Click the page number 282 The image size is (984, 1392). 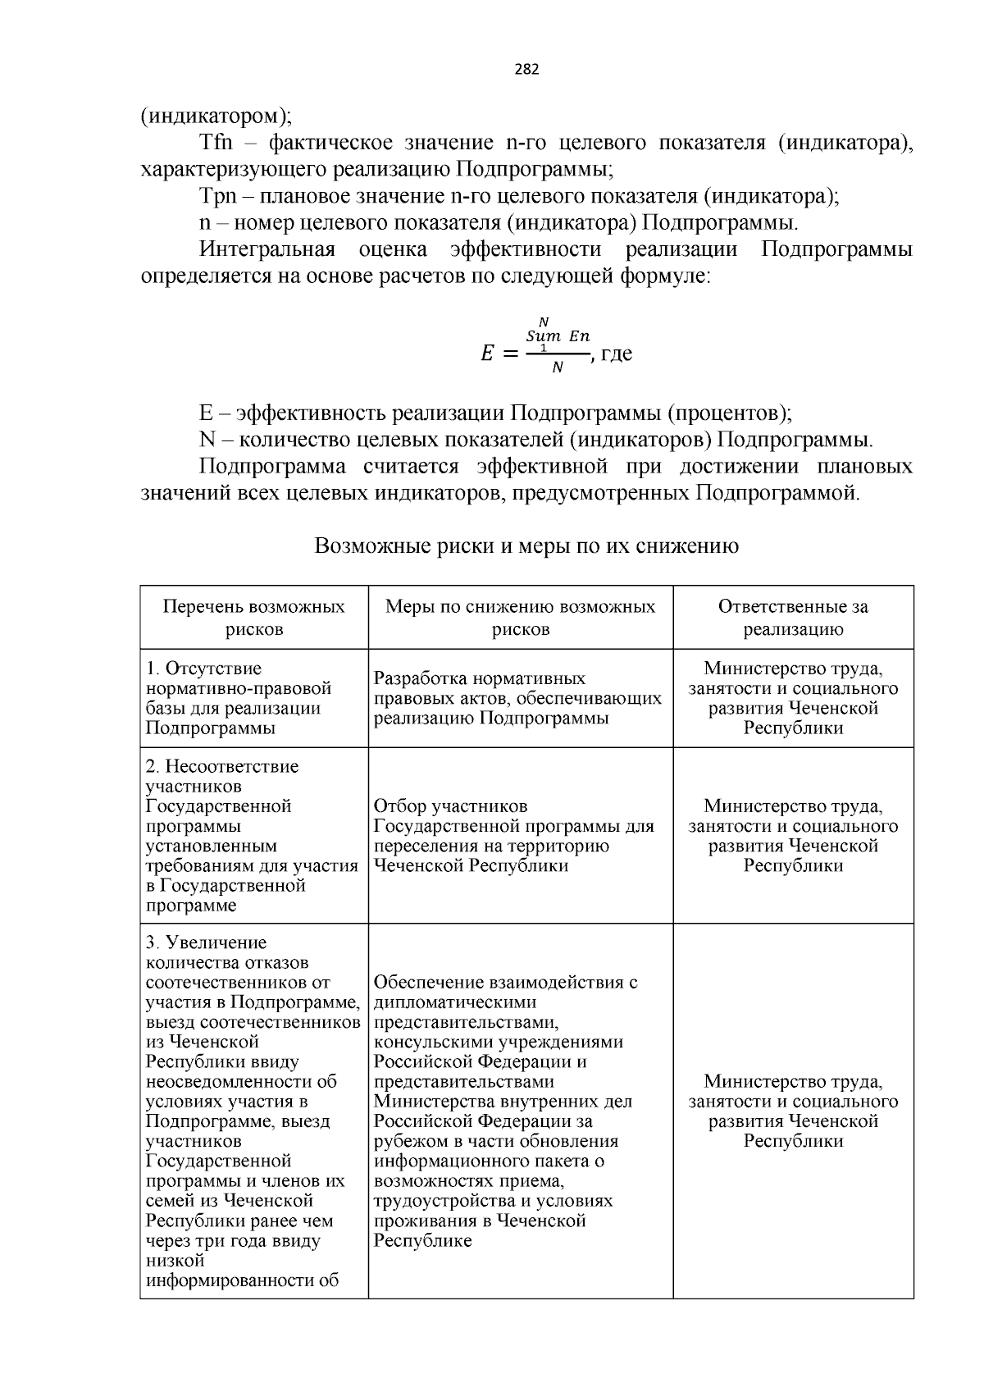[526, 70]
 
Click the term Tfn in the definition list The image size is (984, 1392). [216, 143]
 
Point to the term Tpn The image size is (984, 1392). [217, 196]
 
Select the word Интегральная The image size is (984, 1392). [267, 249]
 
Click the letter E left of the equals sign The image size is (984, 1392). [487, 354]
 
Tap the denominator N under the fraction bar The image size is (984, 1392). [558, 368]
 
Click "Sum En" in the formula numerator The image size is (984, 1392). [558, 336]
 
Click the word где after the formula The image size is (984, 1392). [616, 354]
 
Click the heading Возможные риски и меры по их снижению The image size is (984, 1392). [526, 545]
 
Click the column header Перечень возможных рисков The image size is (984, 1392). [254, 618]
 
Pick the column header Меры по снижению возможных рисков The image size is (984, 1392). [521, 618]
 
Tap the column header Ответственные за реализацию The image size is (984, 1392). [793, 618]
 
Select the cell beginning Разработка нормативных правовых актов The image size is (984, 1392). [517, 698]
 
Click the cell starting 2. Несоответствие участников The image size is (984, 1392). [251, 835]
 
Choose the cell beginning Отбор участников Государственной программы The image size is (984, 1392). [513, 835]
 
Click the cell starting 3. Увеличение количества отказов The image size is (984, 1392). [253, 1111]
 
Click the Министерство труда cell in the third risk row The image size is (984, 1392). [793, 1111]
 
